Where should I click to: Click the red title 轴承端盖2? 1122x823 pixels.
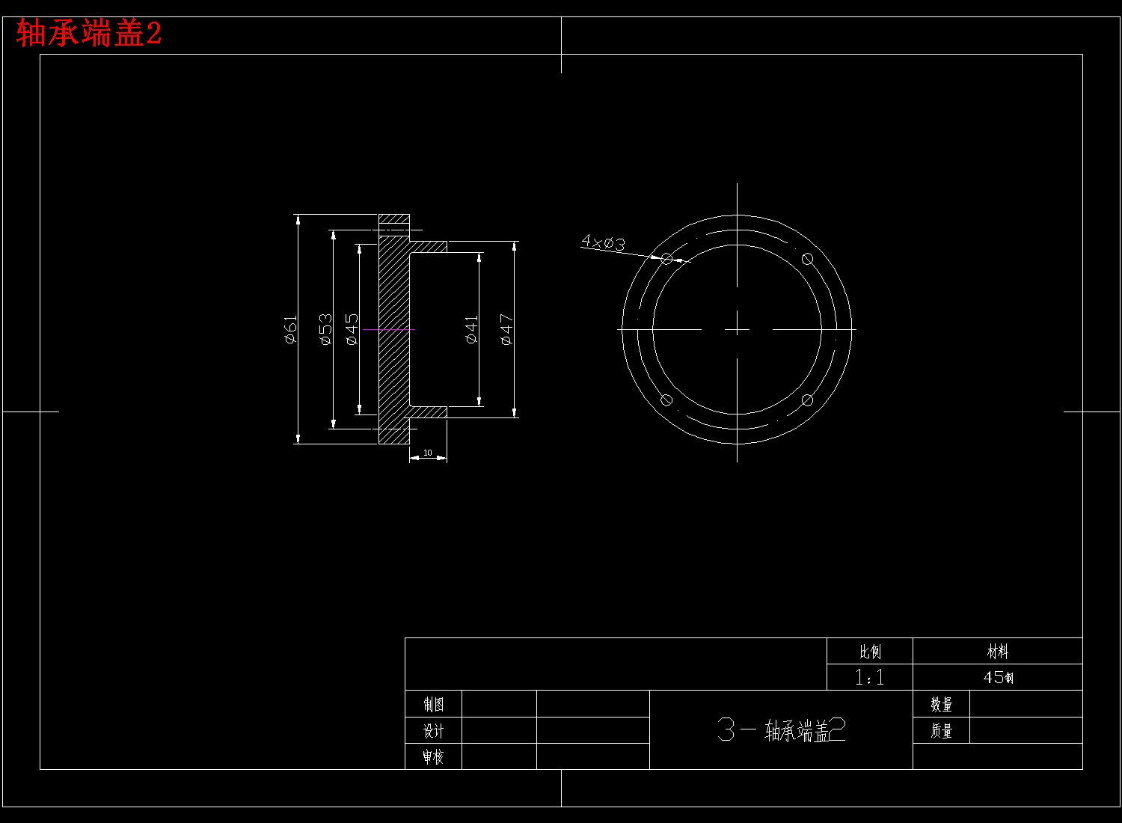tap(89, 34)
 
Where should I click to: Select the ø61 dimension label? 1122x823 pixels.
tap(291, 329)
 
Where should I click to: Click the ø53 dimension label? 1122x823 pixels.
tap(325, 329)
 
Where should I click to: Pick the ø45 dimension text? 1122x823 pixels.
tap(352, 329)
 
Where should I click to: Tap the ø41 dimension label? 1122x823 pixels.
tap(471, 329)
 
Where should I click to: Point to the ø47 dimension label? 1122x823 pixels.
tap(506, 329)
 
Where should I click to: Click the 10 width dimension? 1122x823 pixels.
tap(428, 453)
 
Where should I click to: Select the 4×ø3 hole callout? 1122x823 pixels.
tap(603, 242)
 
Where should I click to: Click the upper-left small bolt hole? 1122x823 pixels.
tap(666, 259)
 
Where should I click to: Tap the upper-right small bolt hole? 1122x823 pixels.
tap(807, 259)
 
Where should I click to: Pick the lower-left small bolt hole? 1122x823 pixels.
tap(666, 400)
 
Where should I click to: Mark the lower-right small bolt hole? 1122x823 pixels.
tap(807, 400)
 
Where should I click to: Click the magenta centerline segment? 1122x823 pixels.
tap(388, 329)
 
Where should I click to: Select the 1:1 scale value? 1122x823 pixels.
tap(869, 677)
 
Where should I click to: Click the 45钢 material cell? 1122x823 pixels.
tap(998, 677)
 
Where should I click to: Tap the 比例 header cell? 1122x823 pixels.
tap(869, 652)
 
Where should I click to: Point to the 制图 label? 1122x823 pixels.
tap(433, 704)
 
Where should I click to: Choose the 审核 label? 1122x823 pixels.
tap(433, 756)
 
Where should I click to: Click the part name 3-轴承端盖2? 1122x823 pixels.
tap(781, 730)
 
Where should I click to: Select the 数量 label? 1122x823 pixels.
tap(941, 704)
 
